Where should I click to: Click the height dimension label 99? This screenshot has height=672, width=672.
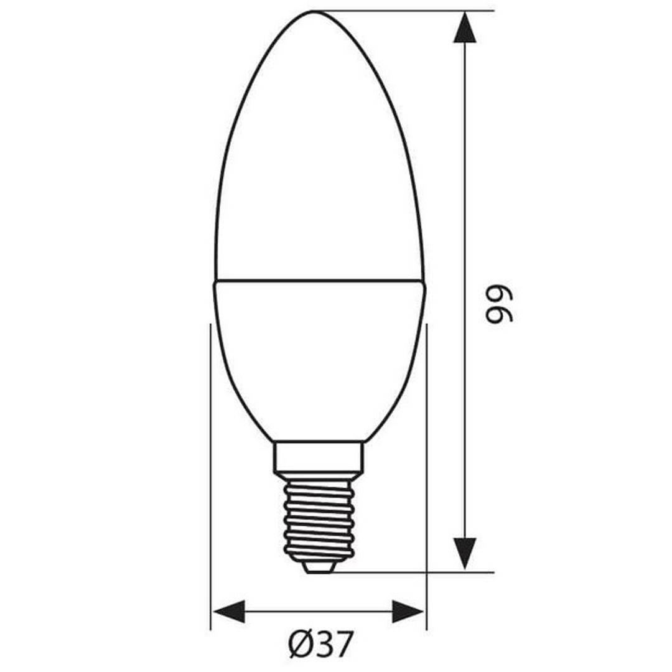[499, 304]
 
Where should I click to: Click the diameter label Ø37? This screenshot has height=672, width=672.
[320, 644]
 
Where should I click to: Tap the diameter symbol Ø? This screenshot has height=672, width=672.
[301, 644]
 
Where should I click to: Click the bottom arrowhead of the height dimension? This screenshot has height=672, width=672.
[465, 553]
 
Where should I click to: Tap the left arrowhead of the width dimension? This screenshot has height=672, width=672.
[229, 611]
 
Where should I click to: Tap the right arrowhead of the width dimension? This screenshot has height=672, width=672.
[408, 611]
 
